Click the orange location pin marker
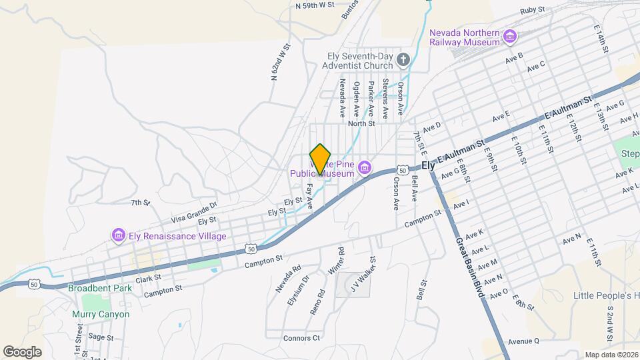[x=321, y=159]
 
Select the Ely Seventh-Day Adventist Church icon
[x=403, y=61]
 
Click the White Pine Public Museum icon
[x=365, y=167]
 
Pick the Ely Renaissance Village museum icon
[x=119, y=235]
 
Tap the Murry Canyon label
[x=101, y=314]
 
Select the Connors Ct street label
[x=301, y=338]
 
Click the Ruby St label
[x=533, y=11]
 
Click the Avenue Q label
[x=523, y=341]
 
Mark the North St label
[x=362, y=123]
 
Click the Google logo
[x=22, y=351]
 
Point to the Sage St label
[x=101, y=337]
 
